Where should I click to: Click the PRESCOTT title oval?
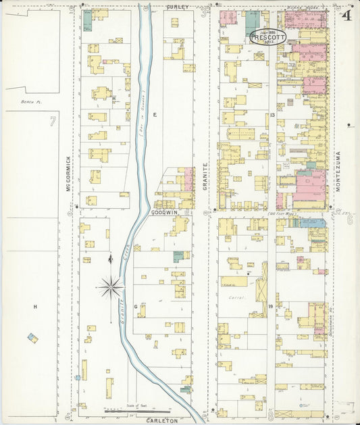tap(268, 36)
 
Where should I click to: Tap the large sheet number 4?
tap(346, 15)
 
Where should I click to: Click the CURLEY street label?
tap(178, 6)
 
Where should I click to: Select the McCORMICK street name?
tap(69, 174)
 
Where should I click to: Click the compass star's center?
tap(111, 287)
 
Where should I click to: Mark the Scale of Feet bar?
tap(138, 410)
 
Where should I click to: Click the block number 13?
tap(272, 116)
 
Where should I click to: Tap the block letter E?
tap(154, 116)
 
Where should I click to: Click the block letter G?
tap(136, 307)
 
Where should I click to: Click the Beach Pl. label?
tap(28, 101)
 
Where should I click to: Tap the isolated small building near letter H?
tap(32, 337)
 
